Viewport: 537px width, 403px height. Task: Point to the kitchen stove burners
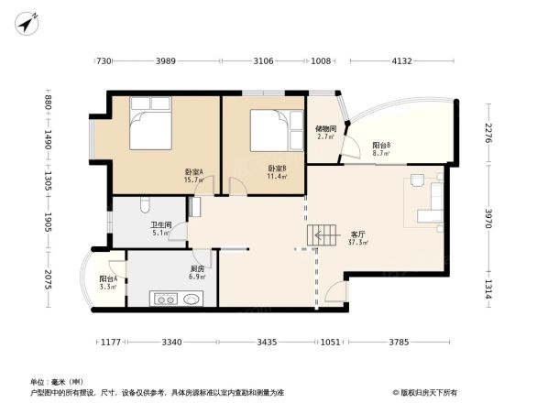coord(166,299)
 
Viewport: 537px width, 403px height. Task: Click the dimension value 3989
coord(165,61)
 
